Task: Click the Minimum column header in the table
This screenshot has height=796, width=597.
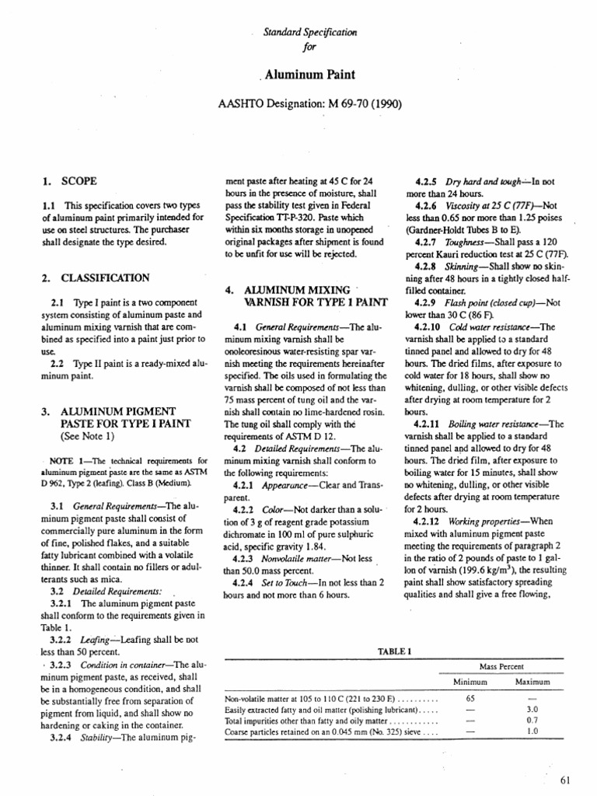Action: [470, 682]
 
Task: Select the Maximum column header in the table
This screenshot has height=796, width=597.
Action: [532, 682]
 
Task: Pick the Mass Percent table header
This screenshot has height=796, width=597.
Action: [501, 667]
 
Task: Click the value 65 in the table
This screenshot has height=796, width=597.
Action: [470, 699]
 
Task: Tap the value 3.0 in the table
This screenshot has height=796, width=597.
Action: [532, 710]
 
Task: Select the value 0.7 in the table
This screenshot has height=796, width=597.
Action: [532, 721]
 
